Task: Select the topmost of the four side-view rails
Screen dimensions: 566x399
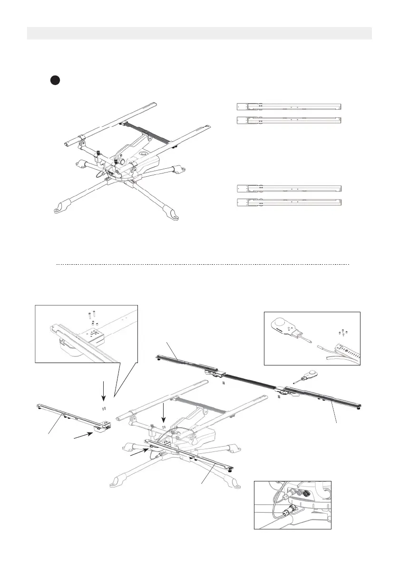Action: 289,106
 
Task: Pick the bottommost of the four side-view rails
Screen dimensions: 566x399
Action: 289,203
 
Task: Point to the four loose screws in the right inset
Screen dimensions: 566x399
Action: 343,332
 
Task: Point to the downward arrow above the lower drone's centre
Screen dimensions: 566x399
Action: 163,412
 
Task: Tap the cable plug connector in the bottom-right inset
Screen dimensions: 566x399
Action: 288,513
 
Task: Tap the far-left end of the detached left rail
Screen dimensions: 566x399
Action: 39,405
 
